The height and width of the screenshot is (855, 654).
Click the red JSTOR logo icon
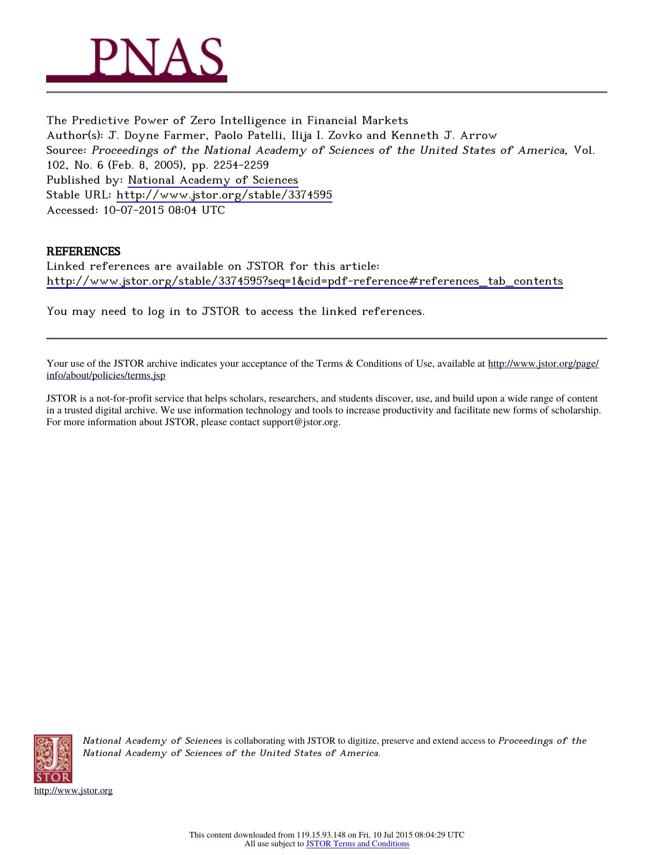tap(53, 759)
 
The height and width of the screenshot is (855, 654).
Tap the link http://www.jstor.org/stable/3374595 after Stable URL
tap(224, 195)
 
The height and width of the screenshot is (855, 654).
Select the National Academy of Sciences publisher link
tap(213, 180)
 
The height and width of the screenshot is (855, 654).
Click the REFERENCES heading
tap(84, 251)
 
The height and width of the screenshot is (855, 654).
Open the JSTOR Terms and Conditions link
tap(358, 844)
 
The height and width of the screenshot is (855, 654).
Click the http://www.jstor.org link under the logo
tap(73, 790)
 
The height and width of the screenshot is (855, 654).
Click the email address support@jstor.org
tap(300, 422)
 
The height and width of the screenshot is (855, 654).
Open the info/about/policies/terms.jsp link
tap(106, 375)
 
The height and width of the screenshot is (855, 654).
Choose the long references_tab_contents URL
tap(305, 281)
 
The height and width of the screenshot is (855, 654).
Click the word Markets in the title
tap(385, 121)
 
